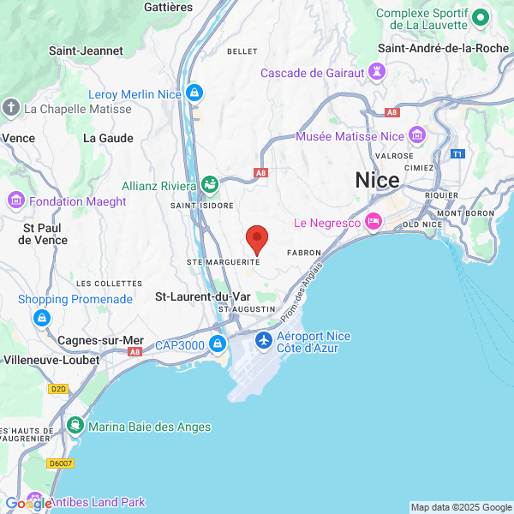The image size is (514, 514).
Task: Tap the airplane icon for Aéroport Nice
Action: coord(264,341)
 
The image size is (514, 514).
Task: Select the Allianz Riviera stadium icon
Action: coord(209,183)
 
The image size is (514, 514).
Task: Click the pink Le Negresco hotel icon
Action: coord(374,222)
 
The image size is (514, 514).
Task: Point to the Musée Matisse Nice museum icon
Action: coord(417,134)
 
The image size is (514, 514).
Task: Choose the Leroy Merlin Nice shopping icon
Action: coord(194,93)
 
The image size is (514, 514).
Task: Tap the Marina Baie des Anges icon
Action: coord(76,425)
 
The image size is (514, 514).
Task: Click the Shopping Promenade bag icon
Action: coord(41,318)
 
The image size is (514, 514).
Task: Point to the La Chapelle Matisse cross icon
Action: coord(10,108)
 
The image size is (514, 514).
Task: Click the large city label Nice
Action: coord(377,181)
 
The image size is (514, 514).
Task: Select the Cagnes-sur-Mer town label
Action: coord(100,340)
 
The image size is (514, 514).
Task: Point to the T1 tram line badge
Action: coord(458,154)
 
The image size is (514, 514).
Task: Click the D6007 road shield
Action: coord(61,463)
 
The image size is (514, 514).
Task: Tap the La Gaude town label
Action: coord(108,137)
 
